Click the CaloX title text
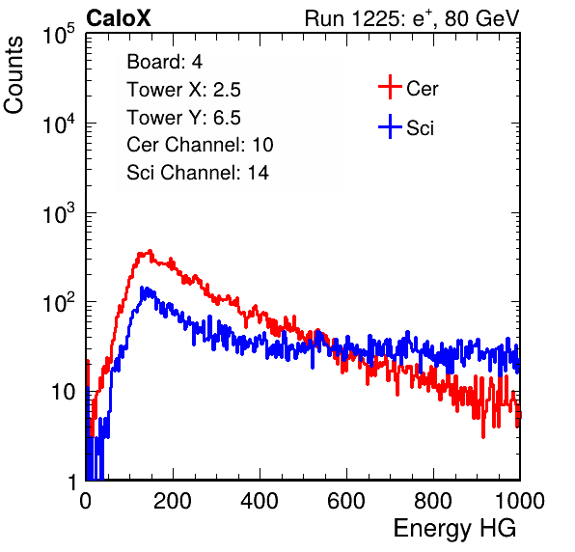tap(119, 18)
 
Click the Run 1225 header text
tap(412, 18)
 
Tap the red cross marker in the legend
tap(390, 87)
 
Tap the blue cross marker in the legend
tap(390, 126)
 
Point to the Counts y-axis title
tap(14, 75)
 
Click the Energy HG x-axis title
tap(454, 529)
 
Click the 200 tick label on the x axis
tap(173, 501)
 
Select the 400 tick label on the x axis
tap(260, 501)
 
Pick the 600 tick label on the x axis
tap(346, 501)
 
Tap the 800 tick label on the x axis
tap(433, 501)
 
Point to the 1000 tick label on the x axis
tap(520, 501)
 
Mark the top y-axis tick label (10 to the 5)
tap(60, 34)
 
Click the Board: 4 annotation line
tap(165, 62)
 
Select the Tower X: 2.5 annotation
tap(183, 90)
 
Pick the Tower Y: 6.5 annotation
tap(183, 118)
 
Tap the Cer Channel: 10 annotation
tap(200, 145)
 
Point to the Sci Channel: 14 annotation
tap(198, 173)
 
